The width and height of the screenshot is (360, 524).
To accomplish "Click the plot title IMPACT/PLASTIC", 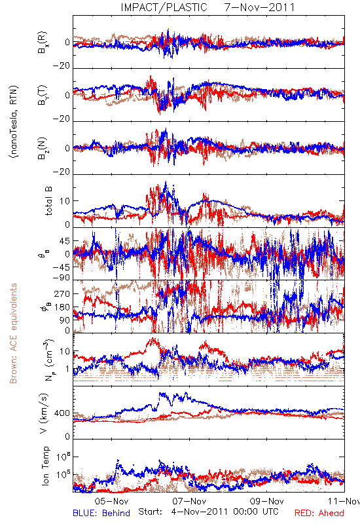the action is pos(164,7).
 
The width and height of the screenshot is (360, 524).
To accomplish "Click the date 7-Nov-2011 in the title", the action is pos(260,7).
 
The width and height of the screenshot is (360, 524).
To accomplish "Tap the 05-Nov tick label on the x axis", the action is pos(111,501).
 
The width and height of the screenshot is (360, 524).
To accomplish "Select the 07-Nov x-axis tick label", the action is pos(189,501).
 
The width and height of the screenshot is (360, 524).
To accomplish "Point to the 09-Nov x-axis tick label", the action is pos(267,501).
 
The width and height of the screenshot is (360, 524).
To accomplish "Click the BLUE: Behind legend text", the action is pos(101,513).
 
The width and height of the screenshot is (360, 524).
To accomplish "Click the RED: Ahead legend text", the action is pos(319,513).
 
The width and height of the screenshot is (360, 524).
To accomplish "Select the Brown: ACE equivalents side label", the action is pos(13,333).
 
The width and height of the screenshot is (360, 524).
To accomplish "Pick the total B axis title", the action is pos(48,201).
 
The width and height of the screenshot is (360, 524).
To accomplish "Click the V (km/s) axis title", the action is pos(44,413).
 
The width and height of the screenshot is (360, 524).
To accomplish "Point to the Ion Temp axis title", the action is pos(45,466).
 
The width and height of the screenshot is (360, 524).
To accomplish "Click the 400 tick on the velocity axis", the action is pos(62,413).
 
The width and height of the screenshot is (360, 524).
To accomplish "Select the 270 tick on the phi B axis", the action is pos(62,293).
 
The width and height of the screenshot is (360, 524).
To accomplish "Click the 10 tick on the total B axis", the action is pos(65,201).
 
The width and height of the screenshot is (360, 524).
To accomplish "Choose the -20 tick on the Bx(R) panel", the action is pos(61,66).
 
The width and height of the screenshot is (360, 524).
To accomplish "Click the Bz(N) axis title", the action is pos(42,148).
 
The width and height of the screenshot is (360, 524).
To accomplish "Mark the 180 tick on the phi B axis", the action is pos(62,307).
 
